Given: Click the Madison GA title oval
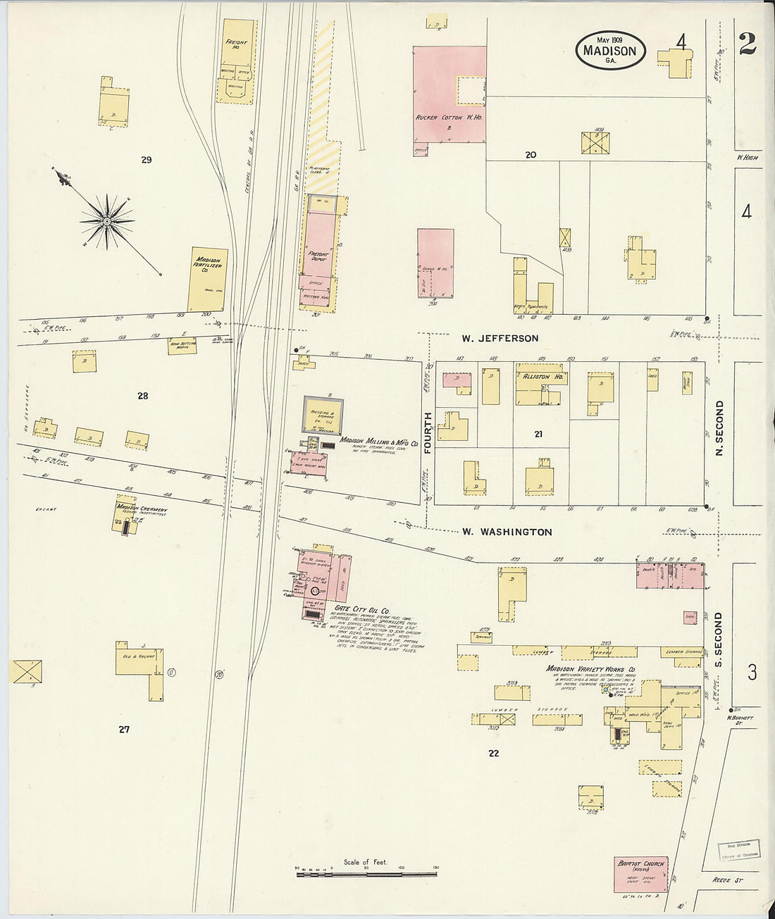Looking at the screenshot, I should (610, 50).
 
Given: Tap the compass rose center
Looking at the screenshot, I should (106, 222).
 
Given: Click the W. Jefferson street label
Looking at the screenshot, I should (500, 339).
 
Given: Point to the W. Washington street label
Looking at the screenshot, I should (507, 532).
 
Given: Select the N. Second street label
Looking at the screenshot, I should (719, 427).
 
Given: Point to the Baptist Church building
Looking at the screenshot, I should (640, 874).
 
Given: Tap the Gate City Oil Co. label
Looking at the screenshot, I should (362, 610).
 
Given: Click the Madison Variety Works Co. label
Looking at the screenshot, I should (591, 669).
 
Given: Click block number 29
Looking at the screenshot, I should (146, 160).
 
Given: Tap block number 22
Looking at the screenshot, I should (493, 754).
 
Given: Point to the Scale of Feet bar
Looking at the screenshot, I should (366, 874).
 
